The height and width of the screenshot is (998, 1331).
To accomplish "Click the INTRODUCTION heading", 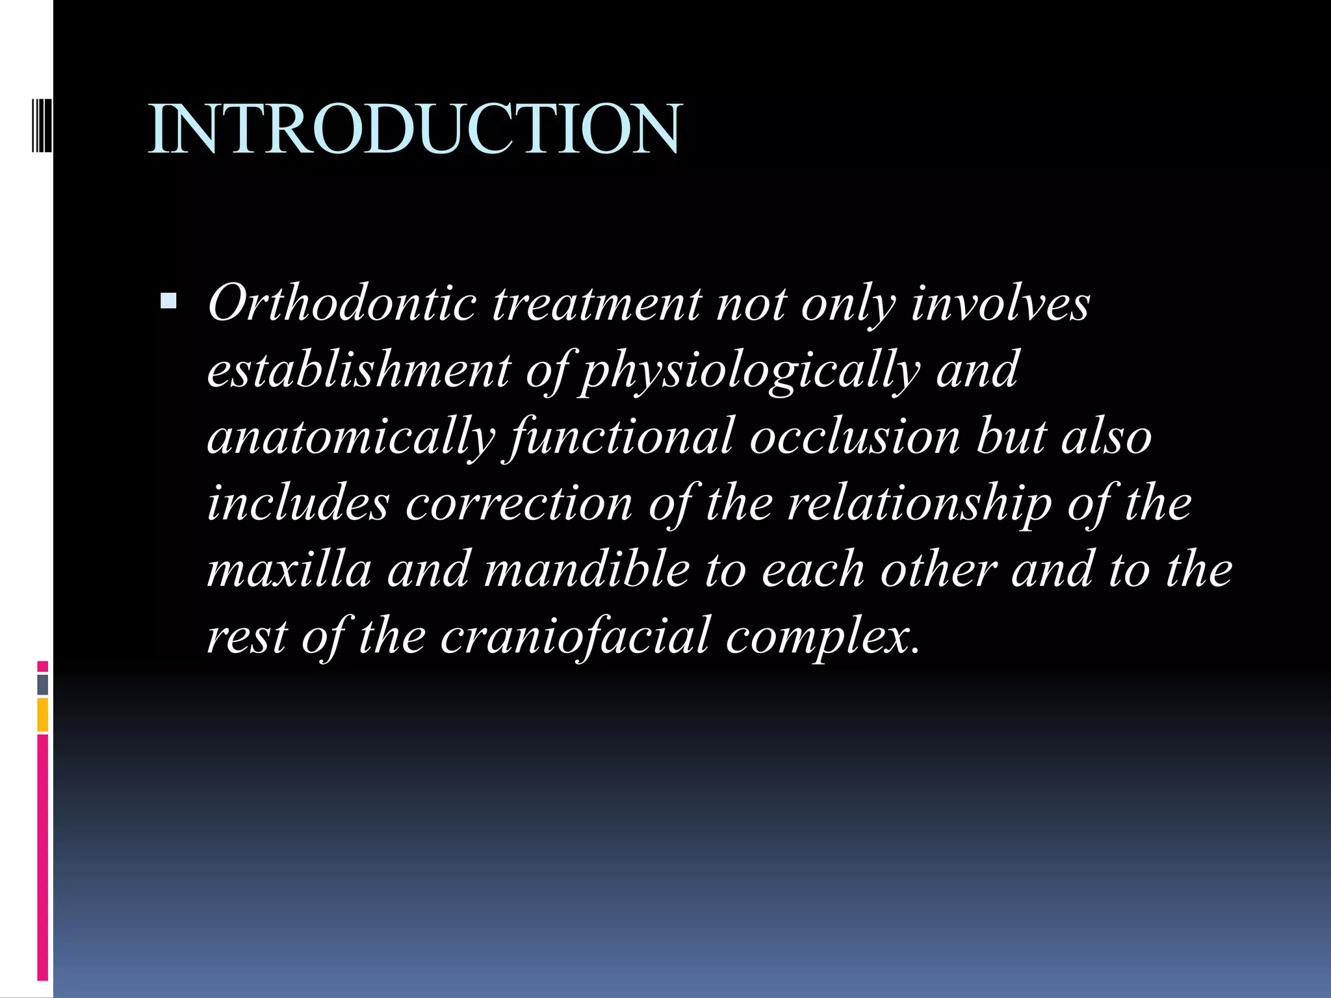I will tap(415, 129).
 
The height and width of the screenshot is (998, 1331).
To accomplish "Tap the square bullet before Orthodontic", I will tap(168, 300).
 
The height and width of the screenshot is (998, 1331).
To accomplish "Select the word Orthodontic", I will tap(342, 303).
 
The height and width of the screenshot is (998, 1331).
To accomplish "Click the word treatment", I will tap(596, 303).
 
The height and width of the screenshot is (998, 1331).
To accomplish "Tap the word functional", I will tap(622, 437).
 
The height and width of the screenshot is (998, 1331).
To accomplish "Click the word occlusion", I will tap(855, 437).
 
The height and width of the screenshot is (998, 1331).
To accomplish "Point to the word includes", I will tap(298, 503).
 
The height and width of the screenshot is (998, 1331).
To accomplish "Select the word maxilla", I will tap(289, 570).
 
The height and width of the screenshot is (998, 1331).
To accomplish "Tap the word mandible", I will tap(587, 570).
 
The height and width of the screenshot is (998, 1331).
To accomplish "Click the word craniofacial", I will tap(575, 636).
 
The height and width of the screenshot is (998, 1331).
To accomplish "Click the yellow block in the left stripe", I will tap(43, 715).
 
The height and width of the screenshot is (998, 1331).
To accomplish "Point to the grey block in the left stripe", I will tap(43, 684).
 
